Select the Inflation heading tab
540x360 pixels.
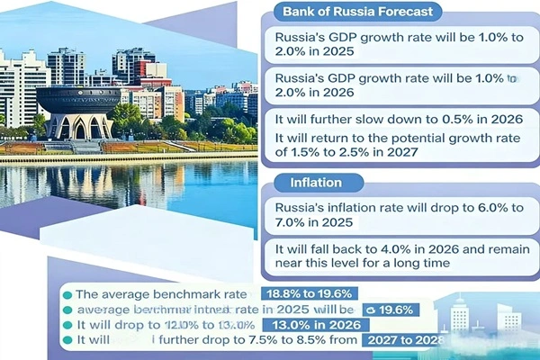315,184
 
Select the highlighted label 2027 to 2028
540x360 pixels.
405,340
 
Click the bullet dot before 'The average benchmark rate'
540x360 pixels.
67,294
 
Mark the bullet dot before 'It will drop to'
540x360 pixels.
67,325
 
